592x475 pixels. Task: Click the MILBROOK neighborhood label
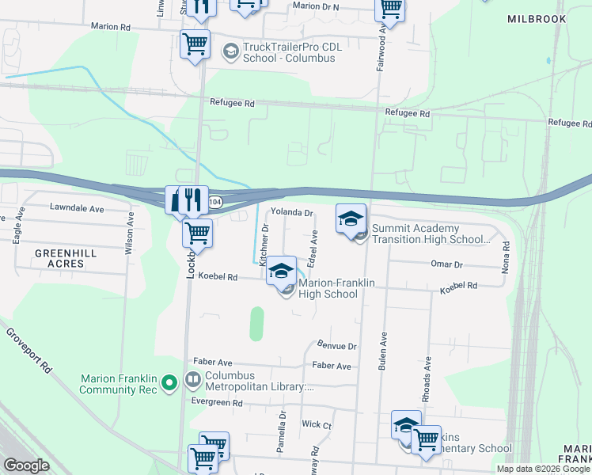537,19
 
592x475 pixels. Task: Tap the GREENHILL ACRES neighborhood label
66,258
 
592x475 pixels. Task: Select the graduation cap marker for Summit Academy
351,218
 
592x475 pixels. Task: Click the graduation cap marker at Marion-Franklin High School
280,272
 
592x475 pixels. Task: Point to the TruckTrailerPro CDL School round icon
231,52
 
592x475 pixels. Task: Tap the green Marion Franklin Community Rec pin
169,384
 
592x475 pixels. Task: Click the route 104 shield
216,203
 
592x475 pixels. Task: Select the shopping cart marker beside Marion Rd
195,44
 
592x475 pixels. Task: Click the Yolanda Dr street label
293,213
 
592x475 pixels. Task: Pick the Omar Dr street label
446,264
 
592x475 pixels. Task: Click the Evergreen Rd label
217,403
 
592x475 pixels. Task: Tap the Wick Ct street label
317,424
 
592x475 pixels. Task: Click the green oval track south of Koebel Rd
256,324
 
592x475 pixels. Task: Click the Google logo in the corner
27,465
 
